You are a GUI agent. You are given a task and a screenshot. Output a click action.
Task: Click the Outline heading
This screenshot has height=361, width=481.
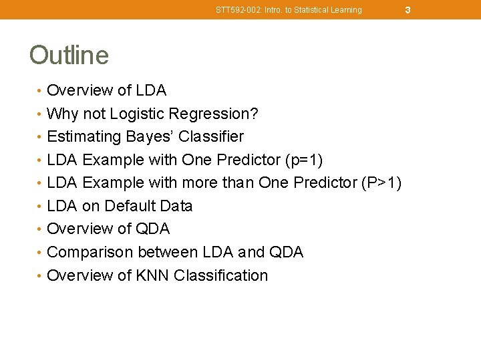(x=69, y=55)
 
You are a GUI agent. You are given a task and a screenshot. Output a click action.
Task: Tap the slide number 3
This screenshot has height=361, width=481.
(x=407, y=10)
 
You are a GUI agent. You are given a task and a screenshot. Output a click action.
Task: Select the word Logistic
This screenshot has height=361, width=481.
(x=138, y=114)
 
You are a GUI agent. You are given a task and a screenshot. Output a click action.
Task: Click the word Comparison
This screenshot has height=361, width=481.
(x=91, y=252)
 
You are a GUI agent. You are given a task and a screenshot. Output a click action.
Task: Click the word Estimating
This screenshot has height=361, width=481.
(x=80, y=136)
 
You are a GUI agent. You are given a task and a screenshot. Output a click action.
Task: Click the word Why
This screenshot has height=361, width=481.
(x=61, y=114)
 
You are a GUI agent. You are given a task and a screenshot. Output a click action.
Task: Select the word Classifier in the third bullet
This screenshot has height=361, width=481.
(x=210, y=136)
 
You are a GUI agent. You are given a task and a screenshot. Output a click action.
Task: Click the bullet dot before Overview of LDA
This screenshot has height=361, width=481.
(x=41, y=91)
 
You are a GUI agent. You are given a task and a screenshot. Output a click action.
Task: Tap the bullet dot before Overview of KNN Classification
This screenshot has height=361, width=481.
(x=41, y=276)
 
